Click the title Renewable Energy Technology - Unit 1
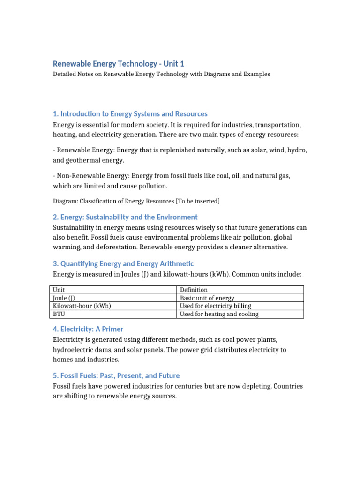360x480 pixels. [115, 64]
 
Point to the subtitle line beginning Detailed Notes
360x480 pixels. [161, 74]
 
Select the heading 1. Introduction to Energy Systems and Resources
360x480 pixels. [130, 114]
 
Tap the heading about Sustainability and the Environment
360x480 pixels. [125, 217]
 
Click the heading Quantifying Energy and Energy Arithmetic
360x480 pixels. [123, 264]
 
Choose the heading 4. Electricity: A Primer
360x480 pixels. [88, 329]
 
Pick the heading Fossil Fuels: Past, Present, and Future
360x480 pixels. [116, 375]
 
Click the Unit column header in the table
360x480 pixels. [59, 290]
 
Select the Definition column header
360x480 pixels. [194, 290]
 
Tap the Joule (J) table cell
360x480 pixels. [64, 298]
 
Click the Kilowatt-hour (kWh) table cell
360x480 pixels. [82, 306]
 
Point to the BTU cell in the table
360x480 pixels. [59, 314]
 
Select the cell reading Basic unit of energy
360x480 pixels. [207, 298]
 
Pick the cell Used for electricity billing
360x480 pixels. [216, 306]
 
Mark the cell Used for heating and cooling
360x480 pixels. [219, 314]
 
